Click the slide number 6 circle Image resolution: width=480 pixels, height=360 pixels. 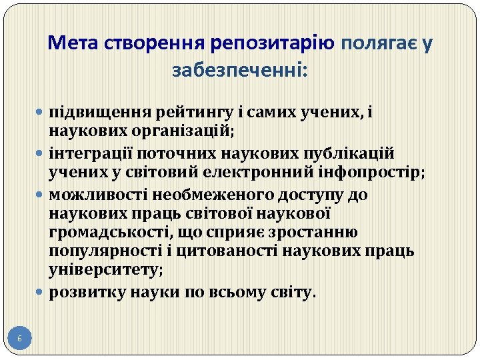pos(19,339)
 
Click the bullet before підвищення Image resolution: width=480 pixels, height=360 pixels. pos(43,113)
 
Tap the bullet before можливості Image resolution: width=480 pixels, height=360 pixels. pos(43,195)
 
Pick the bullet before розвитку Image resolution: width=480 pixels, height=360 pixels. pos(43,292)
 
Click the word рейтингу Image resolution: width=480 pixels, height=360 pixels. pos(194,113)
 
